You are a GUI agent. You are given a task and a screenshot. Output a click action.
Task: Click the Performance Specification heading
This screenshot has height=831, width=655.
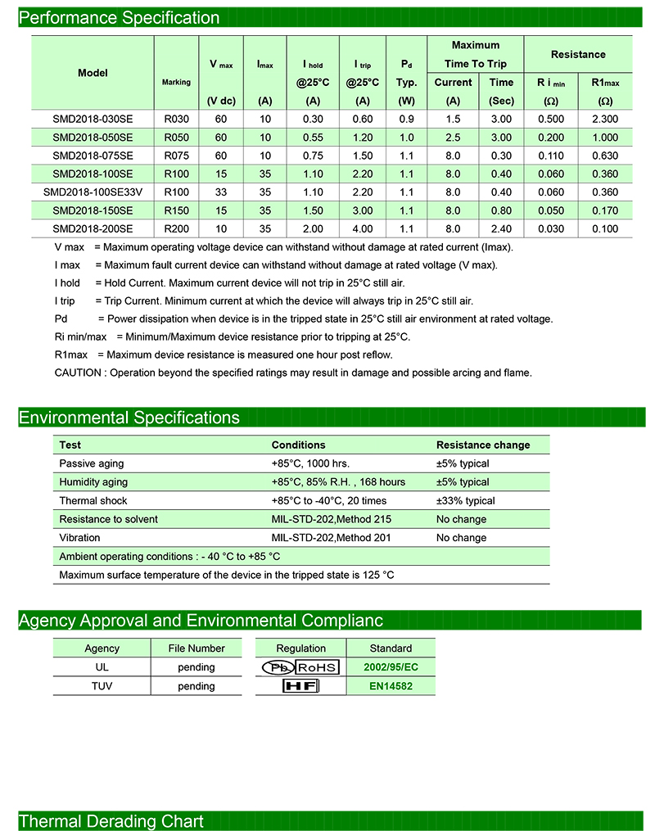tap(119, 17)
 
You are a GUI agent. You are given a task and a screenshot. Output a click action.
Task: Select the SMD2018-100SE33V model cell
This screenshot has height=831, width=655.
tap(93, 192)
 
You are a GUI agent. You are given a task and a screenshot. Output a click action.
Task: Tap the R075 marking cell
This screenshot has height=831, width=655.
tap(176, 156)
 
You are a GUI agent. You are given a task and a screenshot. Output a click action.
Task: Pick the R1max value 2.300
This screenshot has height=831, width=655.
tap(604, 119)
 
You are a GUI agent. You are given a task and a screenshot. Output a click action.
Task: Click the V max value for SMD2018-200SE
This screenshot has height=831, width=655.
tap(221, 229)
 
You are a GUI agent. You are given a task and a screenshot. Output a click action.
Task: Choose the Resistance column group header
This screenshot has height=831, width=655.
tap(578, 54)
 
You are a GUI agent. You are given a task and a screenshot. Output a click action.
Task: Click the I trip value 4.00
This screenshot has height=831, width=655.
tap(363, 229)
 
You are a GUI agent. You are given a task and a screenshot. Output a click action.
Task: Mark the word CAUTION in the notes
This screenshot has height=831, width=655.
tap(79, 373)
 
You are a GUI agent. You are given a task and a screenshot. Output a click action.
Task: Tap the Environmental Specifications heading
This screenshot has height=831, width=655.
tap(129, 418)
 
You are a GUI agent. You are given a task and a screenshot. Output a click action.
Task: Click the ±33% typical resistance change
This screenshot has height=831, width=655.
tap(465, 500)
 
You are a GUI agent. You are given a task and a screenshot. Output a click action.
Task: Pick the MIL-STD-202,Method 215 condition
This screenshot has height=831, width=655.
tap(332, 519)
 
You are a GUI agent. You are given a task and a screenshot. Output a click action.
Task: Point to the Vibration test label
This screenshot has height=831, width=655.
tap(79, 538)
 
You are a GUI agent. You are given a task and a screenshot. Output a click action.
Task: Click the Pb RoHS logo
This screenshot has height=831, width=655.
tap(300, 667)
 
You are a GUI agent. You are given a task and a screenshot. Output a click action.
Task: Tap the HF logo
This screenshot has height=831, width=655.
tap(300, 686)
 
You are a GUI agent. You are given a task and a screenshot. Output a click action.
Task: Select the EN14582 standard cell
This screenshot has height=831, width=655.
tap(390, 686)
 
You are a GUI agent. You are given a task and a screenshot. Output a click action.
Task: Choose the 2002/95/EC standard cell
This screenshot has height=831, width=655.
tap(391, 667)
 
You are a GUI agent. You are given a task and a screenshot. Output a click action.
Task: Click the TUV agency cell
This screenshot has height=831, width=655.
tap(102, 686)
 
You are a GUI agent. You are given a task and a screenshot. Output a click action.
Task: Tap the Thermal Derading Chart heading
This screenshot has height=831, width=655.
tap(111, 821)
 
